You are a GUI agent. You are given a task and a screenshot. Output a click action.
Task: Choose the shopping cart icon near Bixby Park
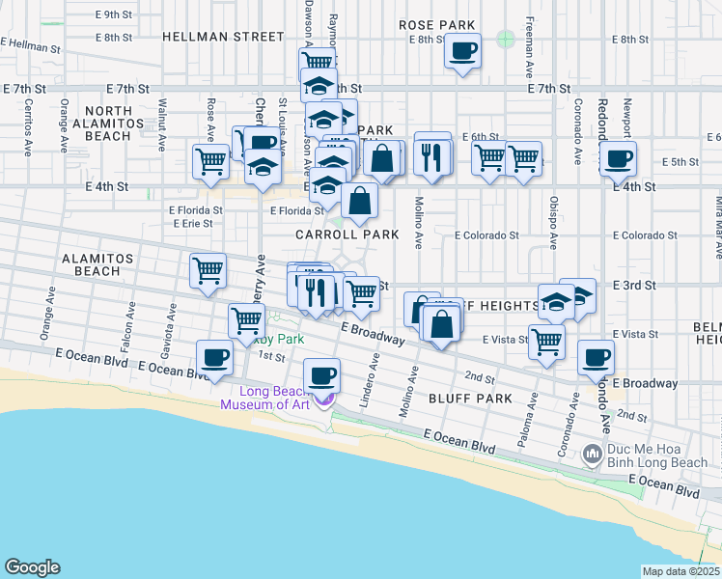point(247,320)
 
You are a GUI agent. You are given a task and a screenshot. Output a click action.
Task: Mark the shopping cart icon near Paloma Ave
point(547,342)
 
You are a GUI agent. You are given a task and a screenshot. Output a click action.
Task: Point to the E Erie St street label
point(192,224)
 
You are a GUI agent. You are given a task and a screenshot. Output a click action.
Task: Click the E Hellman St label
point(31,44)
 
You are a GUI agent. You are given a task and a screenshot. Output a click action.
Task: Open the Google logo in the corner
point(33,566)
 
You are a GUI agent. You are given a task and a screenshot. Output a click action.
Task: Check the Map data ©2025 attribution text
point(680,571)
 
